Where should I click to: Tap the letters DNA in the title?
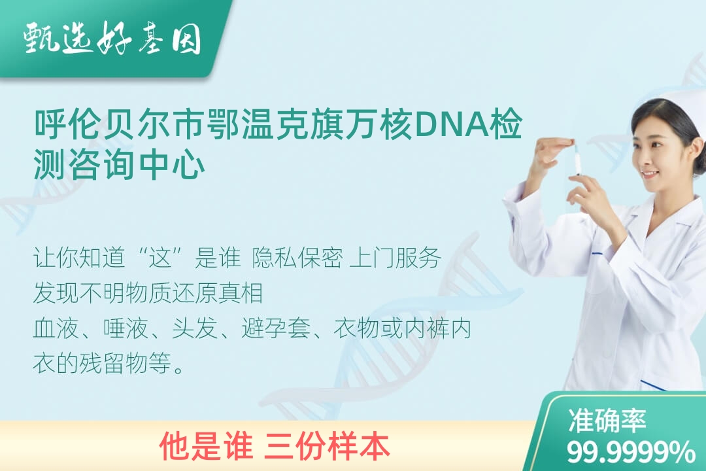(x=451, y=124)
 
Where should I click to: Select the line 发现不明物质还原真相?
(x=148, y=293)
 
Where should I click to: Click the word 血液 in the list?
(x=56, y=328)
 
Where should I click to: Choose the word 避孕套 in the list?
(x=276, y=328)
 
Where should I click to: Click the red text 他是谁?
(x=206, y=447)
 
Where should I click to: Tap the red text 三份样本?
(x=328, y=447)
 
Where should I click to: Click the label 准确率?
(x=607, y=420)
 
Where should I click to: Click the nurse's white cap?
(x=675, y=113)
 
